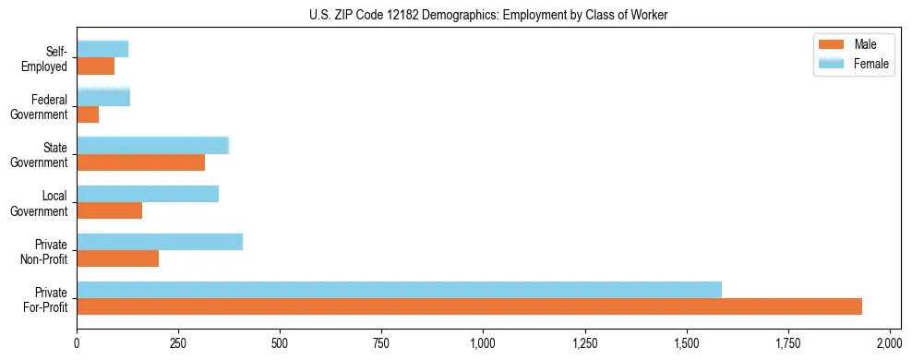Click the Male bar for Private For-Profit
469,306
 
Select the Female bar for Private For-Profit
399,290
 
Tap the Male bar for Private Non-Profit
117,258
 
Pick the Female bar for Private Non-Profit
160,242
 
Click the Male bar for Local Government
109,210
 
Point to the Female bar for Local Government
148,194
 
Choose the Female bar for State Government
152,146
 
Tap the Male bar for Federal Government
88,114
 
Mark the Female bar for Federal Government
103,98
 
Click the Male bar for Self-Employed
95,66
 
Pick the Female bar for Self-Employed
102,50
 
